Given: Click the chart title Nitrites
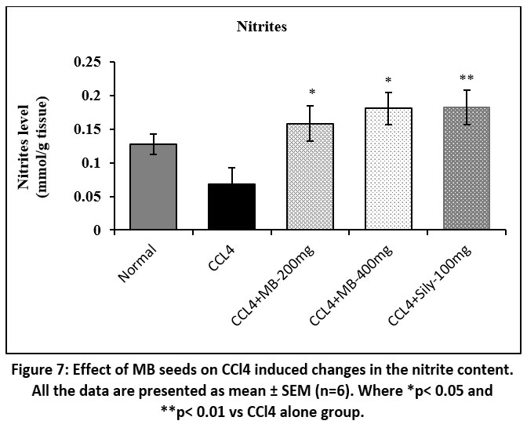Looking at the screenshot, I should coord(263,27).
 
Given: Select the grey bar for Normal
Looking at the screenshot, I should coord(154,187).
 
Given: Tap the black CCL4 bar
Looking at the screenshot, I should coord(231,207).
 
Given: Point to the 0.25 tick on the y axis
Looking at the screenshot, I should coord(88,62).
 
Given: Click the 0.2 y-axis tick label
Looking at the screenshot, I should coord(93,96).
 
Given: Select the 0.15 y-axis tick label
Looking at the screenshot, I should coord(88,129).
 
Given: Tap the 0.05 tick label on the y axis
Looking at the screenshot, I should coord(88,197).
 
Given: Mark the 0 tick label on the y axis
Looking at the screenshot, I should coord(98,230).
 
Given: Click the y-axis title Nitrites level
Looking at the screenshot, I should coord(35,147).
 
